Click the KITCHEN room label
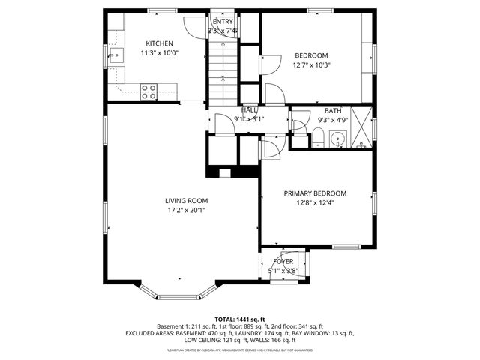coord(159,43)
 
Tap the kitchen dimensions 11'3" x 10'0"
coord(159,53)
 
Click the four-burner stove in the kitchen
coord(148,91)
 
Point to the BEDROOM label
coord(311,55)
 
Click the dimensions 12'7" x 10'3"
coord(311,65)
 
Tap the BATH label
coord(332,110)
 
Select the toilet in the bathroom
coord(318,137)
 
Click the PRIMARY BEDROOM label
coord(315,193)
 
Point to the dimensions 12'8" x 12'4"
coord(315,202)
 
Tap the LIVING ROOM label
coord(187,200)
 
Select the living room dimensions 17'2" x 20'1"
coord(187,210)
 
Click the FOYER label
coord(283,261)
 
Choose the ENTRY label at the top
coord(223,21)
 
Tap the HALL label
coord(249,109)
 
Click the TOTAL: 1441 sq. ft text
coord(240,319)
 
